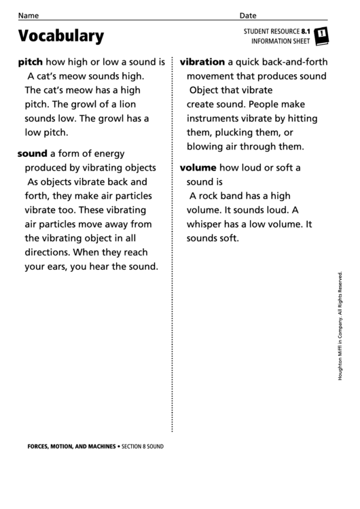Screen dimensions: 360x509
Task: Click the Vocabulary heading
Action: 61,36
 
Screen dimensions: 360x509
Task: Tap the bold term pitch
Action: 31,60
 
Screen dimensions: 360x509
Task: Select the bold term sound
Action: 32,154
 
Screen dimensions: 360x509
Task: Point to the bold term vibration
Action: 202,61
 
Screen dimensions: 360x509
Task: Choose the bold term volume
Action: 198,167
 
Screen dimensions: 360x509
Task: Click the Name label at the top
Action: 28,16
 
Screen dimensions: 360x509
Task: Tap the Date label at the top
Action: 248,16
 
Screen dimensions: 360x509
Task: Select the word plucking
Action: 234,132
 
